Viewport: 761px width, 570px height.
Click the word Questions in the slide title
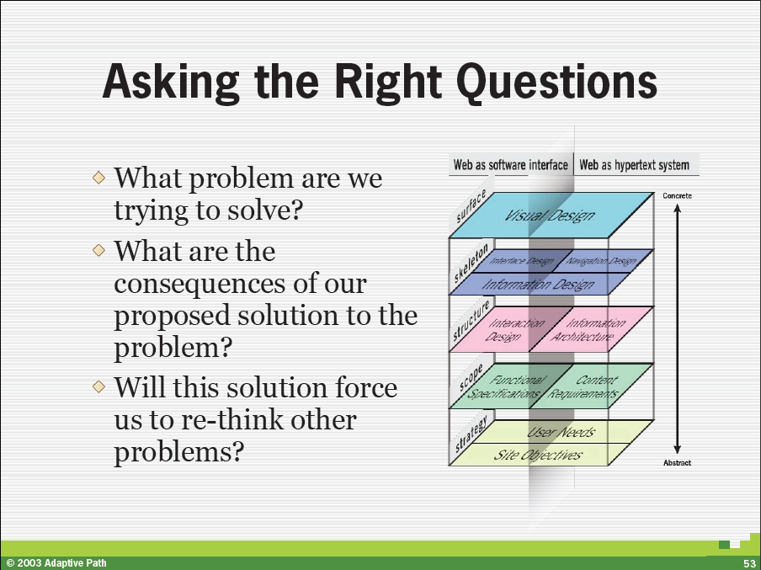tap(557, 82)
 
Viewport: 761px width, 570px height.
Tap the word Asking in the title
tap(171, 83)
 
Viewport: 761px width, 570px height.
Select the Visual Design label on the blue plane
tap(550, 215)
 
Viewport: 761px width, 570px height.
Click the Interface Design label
tap(522, 261)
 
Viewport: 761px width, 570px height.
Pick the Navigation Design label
tap(601, 262)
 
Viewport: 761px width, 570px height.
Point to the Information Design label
tap(538, 284)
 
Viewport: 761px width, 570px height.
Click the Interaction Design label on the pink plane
tap(514, 330)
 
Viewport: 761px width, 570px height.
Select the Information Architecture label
tap(588, 330)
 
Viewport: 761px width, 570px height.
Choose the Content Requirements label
tap(583, 387)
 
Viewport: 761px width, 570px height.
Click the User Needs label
tap(561, 432)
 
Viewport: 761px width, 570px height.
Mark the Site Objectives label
tap(537, 455)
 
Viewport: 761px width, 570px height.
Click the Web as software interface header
tap(511, 165)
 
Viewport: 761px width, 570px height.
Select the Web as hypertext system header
tap(635, 165)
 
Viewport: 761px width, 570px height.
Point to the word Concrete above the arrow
tap(677, 195)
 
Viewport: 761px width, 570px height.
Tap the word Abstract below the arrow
tap(677, 463)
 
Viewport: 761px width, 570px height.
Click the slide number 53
tap(749, 563)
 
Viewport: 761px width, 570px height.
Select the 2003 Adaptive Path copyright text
tap(56, 563)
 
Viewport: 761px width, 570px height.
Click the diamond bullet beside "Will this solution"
tap(99, 387)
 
